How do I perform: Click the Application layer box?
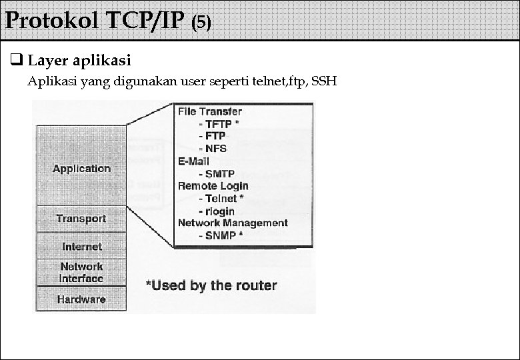(x=81, y=168)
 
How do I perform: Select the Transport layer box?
(x=81, y=219)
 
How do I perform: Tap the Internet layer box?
(x=81, y=247)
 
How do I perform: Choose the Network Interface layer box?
(x=81, y=272)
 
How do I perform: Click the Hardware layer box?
(x=81, y=299)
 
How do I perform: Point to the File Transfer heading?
(x=209, y=111)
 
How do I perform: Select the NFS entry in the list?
(x=215, y=149)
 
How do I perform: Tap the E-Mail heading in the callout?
(x=193, y=161)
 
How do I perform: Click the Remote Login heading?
(x=213, y=186)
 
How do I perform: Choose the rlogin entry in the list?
(x=220, y=211)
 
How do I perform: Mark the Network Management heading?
(x=233, y=223)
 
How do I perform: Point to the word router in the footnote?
(x=254, y=286)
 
